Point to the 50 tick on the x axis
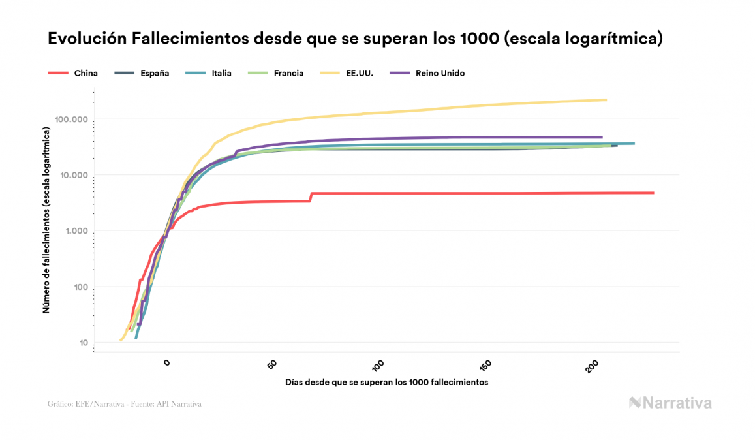click(x=273, y=365)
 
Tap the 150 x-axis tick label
click(x=485, y=366)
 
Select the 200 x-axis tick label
click(x=593, y=366)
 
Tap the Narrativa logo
click(x=670, y=403)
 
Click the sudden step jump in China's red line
click(x=311, y=196)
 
